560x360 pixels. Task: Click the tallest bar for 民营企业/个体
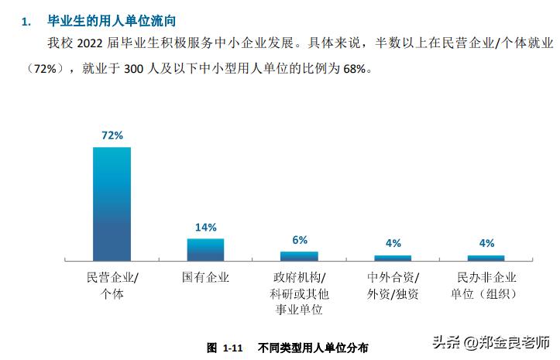[x=112, y=204]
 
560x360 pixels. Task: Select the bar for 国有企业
[x=205, y=249]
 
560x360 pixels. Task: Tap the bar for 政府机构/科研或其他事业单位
[x=299, y=255]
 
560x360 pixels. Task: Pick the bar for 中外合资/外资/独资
[x=393, y=258]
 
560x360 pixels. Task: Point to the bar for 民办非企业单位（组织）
[x=486, y=258]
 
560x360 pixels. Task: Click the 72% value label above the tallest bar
[x=112, y=135]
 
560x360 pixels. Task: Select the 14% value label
[x=205, y=228]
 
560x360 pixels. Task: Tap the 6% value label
[x=300, y=240]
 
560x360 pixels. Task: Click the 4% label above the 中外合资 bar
[x=393, y=244]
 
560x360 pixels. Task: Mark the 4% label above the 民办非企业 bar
[x=486, y=244]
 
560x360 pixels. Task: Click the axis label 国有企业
[x=205, y=276]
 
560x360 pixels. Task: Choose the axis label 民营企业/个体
[x=112, y=285]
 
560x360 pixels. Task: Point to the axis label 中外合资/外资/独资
[x=393, y=285]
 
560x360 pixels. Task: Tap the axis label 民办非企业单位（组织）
[x=486, y=285]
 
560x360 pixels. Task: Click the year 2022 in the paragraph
[x=92, y=45]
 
